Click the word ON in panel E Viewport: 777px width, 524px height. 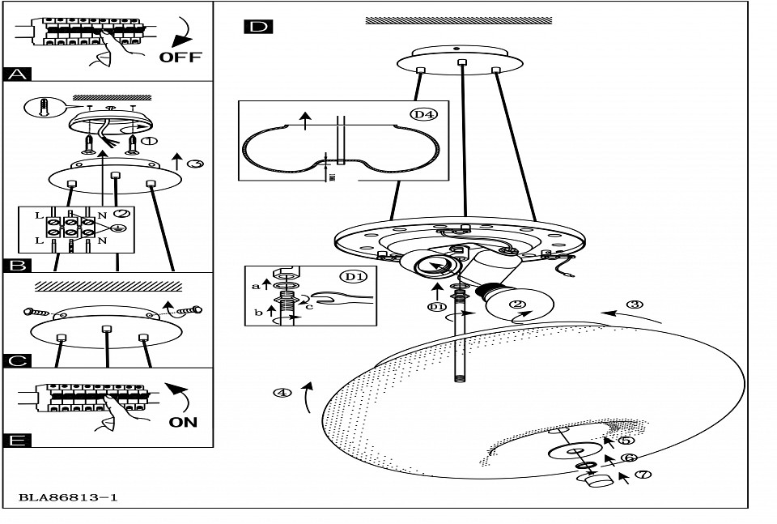(x=183, y=422)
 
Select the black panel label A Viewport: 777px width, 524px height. (x=17, y=75)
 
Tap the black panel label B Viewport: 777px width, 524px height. (x=17, y=265)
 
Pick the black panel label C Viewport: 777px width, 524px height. (x=17, y=361)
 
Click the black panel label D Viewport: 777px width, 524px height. (x=257, y=27)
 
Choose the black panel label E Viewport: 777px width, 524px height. (x=17, y=440)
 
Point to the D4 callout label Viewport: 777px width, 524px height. (x=423, y=114)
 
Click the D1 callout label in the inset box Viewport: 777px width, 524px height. (x=351, y=277)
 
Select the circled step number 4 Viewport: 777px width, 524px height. (x=282, y=394)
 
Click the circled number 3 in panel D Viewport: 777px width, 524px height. (x=635, y=305)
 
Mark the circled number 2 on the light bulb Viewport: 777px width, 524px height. (x=517, y=306)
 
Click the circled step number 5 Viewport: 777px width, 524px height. (x=626, y=441)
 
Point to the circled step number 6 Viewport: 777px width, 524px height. (x=629, y=458)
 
